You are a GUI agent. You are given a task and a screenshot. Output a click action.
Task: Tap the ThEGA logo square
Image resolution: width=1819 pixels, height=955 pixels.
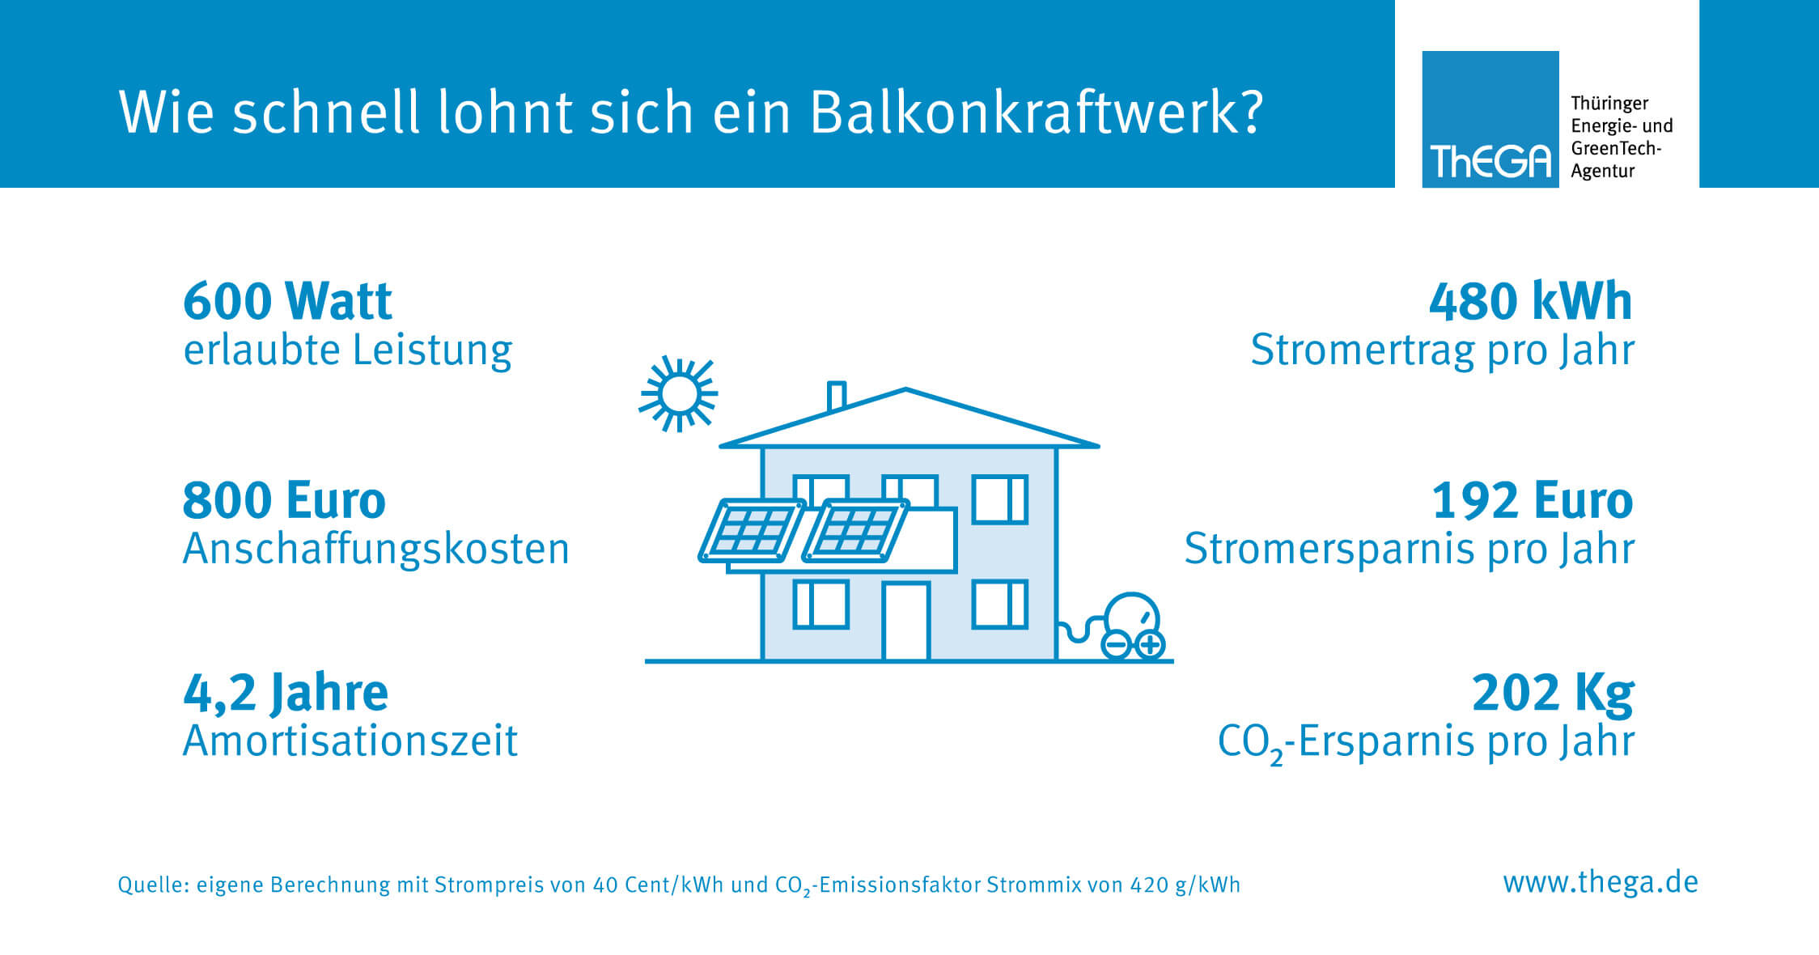1490,119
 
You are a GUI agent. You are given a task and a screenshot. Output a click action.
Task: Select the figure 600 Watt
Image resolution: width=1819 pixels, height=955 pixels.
287,301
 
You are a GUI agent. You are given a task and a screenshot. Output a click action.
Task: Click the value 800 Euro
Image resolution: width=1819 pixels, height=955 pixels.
284,500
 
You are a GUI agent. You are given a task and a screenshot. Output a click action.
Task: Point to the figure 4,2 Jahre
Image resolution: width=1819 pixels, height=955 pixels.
286,693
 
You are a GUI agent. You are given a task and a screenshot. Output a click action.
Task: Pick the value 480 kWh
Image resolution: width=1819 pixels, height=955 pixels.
1530,301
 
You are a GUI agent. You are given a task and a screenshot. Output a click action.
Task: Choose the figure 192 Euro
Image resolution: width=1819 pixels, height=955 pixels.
1533,500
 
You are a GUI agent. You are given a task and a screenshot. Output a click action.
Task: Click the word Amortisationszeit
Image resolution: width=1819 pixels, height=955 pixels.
350,741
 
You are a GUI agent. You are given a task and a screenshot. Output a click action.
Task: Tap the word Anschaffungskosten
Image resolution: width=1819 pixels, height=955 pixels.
376,549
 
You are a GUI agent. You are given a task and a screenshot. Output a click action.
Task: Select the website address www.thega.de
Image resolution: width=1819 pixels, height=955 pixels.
1601,882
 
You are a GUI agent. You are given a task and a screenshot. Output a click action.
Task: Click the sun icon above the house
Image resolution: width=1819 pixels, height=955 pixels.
678,394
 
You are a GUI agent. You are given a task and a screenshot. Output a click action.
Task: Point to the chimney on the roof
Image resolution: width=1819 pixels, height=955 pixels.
837,397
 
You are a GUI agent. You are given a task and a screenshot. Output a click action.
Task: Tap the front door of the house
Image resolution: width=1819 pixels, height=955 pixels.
906,622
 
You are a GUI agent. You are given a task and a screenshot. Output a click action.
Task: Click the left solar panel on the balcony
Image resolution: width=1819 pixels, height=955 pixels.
753,531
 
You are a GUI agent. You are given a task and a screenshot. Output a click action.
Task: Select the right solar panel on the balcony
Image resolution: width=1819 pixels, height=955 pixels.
856,531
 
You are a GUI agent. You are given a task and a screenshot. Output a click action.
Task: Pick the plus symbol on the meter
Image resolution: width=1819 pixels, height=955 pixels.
1150,645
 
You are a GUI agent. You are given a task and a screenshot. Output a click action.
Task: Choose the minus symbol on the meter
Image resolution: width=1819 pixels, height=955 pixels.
1116,645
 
